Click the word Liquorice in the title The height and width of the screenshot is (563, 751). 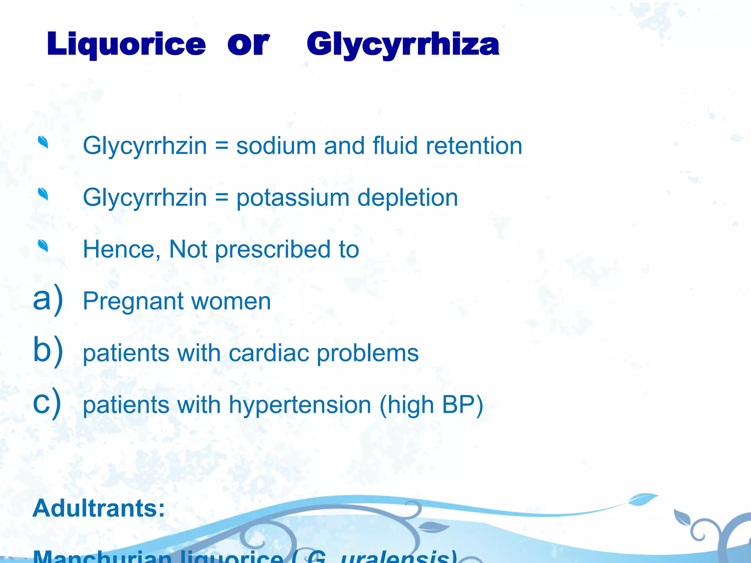(x=126, y=44)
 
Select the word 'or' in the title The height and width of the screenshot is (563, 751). (x=248, y=44)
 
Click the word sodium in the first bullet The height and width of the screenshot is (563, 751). (x=276, y=146)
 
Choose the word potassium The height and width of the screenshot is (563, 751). (x=293, y=198)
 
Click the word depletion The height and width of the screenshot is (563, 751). (x=407, y=198)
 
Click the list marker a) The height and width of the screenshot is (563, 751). (x=48, y=299)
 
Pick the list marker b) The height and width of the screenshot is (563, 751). (x=48, y=350)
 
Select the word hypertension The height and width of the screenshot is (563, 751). (x=300, y=405)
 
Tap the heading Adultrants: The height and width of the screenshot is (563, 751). (x=99, y=508)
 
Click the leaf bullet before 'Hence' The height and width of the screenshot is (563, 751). (x=43, y=246)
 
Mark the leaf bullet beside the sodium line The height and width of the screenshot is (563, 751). (x=43, y=142)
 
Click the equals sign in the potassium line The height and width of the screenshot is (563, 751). (x=221, y=198)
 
